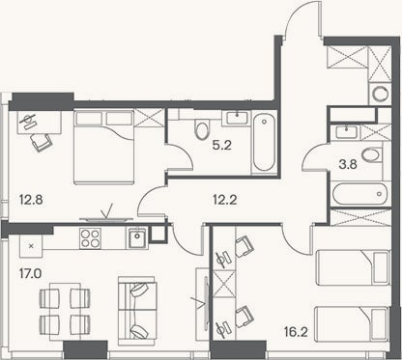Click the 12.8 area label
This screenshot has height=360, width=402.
click(x=31, y=201)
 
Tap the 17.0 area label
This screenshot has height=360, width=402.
click(x=30, y=274)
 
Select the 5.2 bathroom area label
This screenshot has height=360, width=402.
click(x=222, y=146)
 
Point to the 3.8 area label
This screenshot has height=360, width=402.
click(x=348, y=165)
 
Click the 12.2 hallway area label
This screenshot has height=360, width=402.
click(x=225, y=201)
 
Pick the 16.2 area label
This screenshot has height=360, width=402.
click(x=296, y=332)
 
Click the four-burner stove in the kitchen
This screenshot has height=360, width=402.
click(x=91, y=238)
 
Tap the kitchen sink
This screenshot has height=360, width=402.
click(x=138, y=237)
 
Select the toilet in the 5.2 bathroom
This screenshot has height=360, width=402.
click(x=202, y=129)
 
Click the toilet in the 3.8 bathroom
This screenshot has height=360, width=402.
click(x=371, y=155)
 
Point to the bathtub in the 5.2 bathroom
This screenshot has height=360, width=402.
click(x=264, y=143)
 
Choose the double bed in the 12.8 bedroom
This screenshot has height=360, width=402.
click(x=103, y=147)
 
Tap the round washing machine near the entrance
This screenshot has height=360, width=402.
click(x=380, y=94)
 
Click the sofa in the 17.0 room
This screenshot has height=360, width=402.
click(x=137, y=311)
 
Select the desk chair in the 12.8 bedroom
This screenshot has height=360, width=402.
click(x=42, y=142)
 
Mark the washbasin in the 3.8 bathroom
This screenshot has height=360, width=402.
click(x=346, y=132)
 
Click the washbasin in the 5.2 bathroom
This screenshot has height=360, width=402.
click(x=238, y=118)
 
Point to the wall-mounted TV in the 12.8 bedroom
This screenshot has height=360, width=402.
click(x=106, y=220)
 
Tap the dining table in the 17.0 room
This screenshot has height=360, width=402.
click(x=65, y=312)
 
